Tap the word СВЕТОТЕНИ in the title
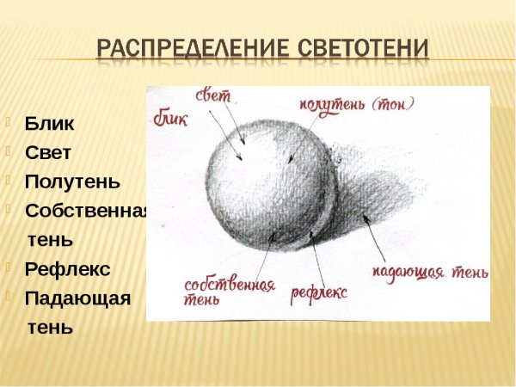[361, 48]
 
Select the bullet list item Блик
[49, 123]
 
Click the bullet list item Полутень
[72, 181]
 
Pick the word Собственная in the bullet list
[86, 211]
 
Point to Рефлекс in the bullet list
[67, 269]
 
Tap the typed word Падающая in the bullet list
[77, 298]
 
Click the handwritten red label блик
[170, 116]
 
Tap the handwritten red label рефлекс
[318, 292]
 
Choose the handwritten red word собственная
[230, 284]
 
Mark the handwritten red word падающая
[408, 273]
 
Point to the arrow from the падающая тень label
[375, 236]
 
